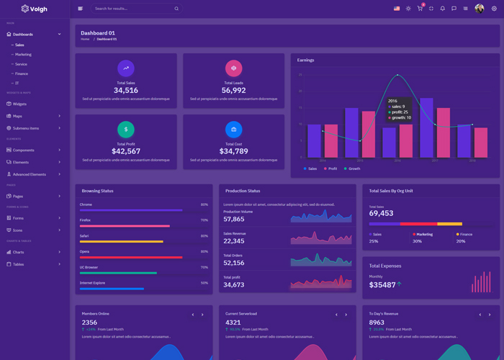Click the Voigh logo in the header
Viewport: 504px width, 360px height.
[x=34, y=9]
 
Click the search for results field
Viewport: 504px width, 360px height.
[x=133, y=9]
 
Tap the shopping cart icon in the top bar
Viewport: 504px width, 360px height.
[x=420, y=9]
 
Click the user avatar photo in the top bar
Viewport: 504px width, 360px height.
[x=480, y=9]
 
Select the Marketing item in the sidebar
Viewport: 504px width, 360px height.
[x=23, y=54]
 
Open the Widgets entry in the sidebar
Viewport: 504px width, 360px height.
[x=19, y=104]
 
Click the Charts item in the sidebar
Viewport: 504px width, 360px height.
[x=18, y=252]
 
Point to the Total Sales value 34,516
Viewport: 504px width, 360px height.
[x=126, y=91]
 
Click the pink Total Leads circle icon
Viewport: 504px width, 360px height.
[x=233, y=68]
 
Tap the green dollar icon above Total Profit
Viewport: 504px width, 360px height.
[x=126, y=130]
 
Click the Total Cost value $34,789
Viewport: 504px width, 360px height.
[x=233, y=151]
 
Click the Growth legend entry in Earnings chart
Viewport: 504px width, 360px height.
[x=354, y=168]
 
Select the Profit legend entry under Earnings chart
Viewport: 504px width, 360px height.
[x=332, y=168]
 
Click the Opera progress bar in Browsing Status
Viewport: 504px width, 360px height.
[x=131, y=257]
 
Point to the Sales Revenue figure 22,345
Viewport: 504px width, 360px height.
[x=234, y=241]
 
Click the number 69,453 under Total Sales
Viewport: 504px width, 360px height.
[x=382, y=214]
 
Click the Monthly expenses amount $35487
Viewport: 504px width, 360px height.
[x=382, y=285]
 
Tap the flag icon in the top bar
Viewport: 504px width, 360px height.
[x=397, y=9]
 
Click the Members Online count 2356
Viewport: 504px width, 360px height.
[x=90, y=323]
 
